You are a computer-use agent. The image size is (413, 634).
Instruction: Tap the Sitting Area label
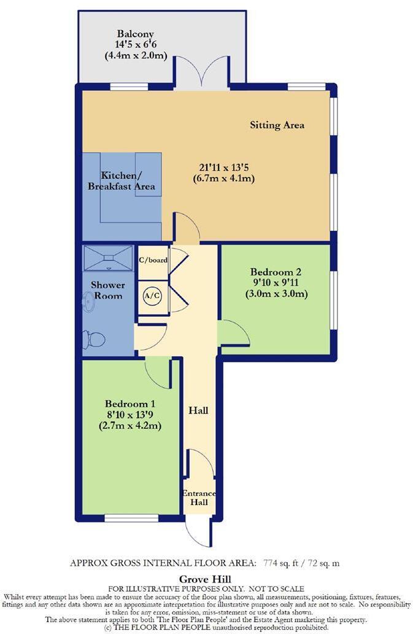point(277,125)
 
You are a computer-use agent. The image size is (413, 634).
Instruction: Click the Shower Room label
point(107,290)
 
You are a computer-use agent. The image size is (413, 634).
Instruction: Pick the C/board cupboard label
point(153,260)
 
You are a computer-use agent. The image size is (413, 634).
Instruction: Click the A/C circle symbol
point(152,295)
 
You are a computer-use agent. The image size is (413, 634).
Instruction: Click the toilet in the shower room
point(95,339)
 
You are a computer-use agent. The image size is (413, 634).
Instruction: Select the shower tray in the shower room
point(108,257)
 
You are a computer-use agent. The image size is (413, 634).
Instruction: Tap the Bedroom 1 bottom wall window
point(131,518)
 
